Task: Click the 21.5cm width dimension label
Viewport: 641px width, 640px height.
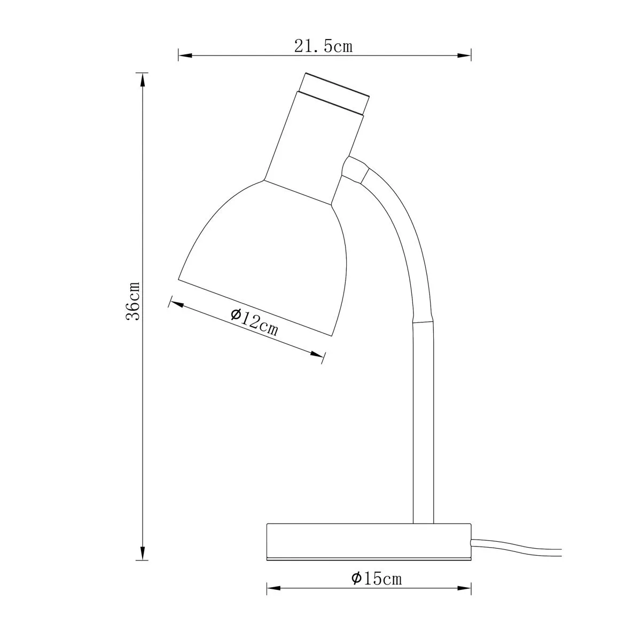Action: click(323, 46)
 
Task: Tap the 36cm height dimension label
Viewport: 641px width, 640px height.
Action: click(132, 301)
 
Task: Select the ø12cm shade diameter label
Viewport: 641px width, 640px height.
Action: click(254, 322)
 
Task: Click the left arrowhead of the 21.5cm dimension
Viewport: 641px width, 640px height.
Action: click(185, 56)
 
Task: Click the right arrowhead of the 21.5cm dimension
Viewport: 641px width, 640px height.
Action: click(464, 56)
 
